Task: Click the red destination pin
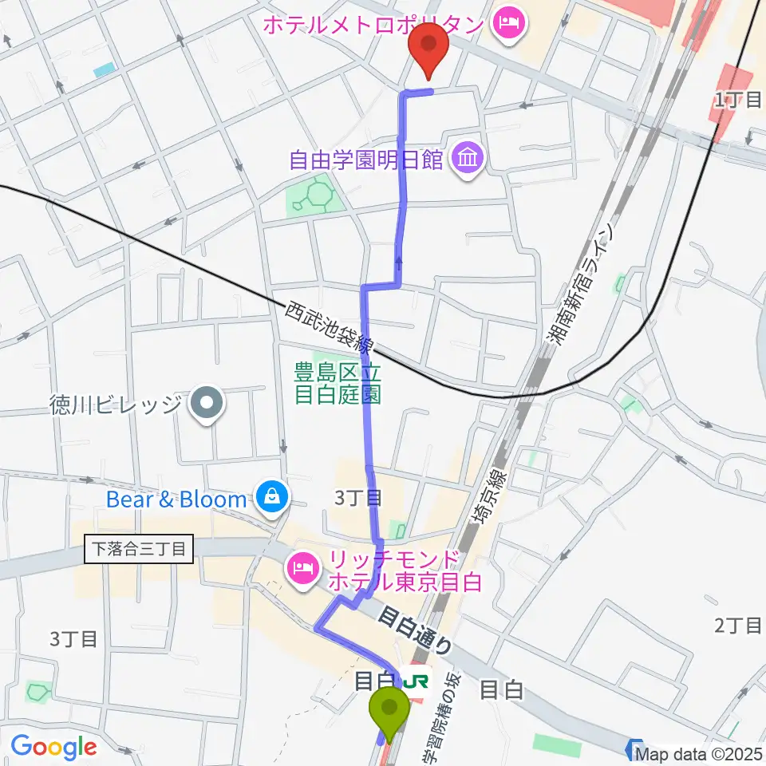pyautogui.click(x=428, y=48)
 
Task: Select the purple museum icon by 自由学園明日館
pyautogui.click(x=467, y=160)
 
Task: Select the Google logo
pyautogui.click(x=53, y=748)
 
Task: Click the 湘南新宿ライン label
pyautogui.click(x=581, y=283)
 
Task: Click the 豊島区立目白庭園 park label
pyautogui.click(x=337, y=382)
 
